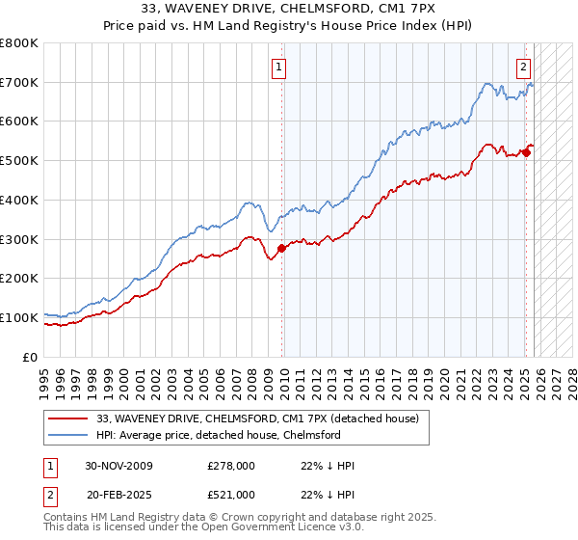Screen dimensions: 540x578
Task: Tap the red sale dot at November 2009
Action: [x=281, y=248]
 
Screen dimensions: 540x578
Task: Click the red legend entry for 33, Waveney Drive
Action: [x=257, y=418]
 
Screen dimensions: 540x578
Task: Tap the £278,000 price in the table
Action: [x=231, y=466]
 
